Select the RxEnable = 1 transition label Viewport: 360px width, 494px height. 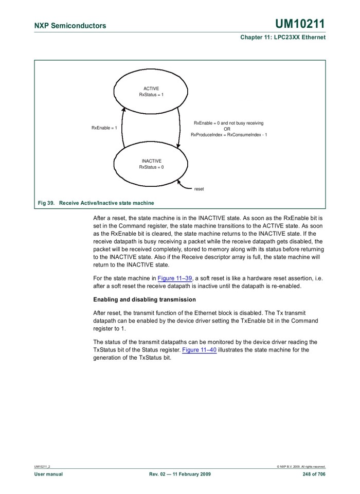point(104,128)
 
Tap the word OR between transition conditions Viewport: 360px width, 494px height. point(227,129)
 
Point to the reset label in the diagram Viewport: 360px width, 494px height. point(199,189)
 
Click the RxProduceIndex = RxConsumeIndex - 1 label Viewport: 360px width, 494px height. point(229,135)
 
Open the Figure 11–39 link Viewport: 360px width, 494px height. point(175,278)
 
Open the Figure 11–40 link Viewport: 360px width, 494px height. point(200,350)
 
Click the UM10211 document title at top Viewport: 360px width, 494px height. point(300,24)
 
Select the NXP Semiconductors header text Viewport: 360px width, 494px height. point(70,26)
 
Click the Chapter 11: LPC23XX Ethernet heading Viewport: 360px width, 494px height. point(283,38)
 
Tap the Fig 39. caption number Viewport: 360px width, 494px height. point(46,203)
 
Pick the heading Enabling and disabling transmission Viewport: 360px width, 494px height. point(145,299)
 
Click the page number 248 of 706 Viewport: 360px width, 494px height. point(314,474)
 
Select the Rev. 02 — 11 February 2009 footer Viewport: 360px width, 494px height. point(179,474)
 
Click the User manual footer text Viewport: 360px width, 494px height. point(48,474)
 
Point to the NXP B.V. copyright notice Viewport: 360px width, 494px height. point(301,467)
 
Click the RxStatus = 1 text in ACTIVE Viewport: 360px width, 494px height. point(151,95)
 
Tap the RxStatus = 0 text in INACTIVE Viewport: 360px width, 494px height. point(151,167)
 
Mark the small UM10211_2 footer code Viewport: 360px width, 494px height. point(42,467)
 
